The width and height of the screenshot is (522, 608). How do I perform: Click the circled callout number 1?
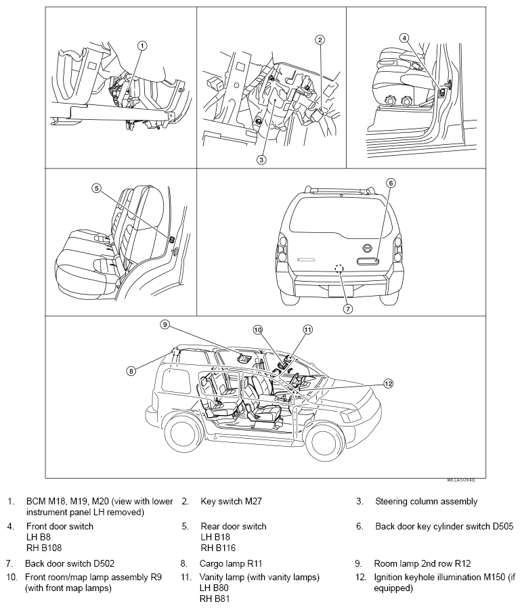(142, 46)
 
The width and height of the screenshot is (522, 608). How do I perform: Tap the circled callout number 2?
(320, 40)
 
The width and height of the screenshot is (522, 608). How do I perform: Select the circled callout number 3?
(261, 160)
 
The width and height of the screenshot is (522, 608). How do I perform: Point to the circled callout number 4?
(404, 39)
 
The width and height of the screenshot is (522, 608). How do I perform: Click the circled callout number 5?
(96, 189)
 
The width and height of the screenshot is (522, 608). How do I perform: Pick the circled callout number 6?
(391, 183)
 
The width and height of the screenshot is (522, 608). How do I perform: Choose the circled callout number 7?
(347, 309)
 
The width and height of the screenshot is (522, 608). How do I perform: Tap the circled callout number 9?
(164, 324)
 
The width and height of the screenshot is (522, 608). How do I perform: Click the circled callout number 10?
(257, 330)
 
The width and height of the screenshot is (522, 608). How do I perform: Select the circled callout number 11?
(308, 330)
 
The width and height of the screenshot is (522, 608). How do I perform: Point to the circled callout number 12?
(388, 383)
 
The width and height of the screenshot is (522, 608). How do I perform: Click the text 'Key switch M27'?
(231, 502)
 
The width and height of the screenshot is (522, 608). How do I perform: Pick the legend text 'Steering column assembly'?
(426, 502)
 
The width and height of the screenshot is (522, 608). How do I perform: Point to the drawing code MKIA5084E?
(460, 479)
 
